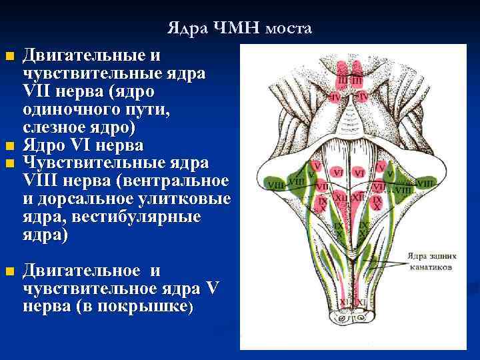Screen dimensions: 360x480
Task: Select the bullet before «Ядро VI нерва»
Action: tap(8, 147)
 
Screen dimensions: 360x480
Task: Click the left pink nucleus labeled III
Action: tap(343, 79)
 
